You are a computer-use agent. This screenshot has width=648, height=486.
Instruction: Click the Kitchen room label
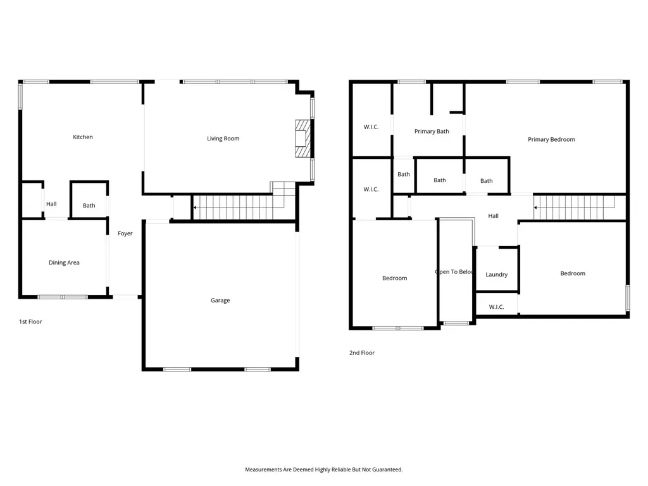pyautogui.click(x=83, y=137)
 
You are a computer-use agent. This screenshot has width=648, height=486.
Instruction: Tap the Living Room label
pyautogui.click(x=223, y=139)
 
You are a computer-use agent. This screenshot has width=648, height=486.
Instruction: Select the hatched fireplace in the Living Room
pyautogui.click(x=303, y=139)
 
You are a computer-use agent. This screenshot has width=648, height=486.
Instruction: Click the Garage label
pyautogui.click(x=220, y=301)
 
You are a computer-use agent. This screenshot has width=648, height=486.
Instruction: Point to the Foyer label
pyautogui.click(x=125, y=234)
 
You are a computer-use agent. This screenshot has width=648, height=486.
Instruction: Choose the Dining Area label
pyautogui.click(x=64, y=263)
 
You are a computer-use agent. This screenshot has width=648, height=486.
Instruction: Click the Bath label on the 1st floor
pyautogui.click(x=89, y=206)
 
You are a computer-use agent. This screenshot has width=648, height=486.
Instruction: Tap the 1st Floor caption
pyautogui.click(x=30, y=321)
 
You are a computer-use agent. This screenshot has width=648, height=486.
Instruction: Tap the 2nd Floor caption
pyautogui.click(x=362, y=352)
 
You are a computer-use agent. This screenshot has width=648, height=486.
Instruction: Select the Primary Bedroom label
pyautogui.click(x=551, y=139)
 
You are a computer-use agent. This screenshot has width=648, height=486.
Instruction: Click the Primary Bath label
pyautogui.click(x=432, y=132)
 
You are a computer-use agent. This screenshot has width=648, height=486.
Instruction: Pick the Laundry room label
pyautogui.click(x=496, y=275)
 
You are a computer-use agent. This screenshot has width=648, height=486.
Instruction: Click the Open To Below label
pyautogui.click(x=454, y=272)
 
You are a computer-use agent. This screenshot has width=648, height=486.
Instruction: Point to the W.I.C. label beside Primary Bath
pyautogui.click(x=371, y=127)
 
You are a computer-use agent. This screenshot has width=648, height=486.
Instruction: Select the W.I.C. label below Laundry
pyautogui.click(x=496, y=307)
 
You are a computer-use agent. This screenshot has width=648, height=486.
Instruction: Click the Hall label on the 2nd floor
pyautogui.click(x=494, y=216)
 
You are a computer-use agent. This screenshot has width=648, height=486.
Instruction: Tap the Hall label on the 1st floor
pyautogui.click(x=51, y=204)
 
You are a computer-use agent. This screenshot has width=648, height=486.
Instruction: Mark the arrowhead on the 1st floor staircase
pyautogui.click(x=195, y=208)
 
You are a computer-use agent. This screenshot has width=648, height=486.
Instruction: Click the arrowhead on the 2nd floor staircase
pyautogui.click(x=535, y=208)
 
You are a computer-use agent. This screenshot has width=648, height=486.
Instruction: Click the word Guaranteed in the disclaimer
pyautogui.click(x=388, y=470)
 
